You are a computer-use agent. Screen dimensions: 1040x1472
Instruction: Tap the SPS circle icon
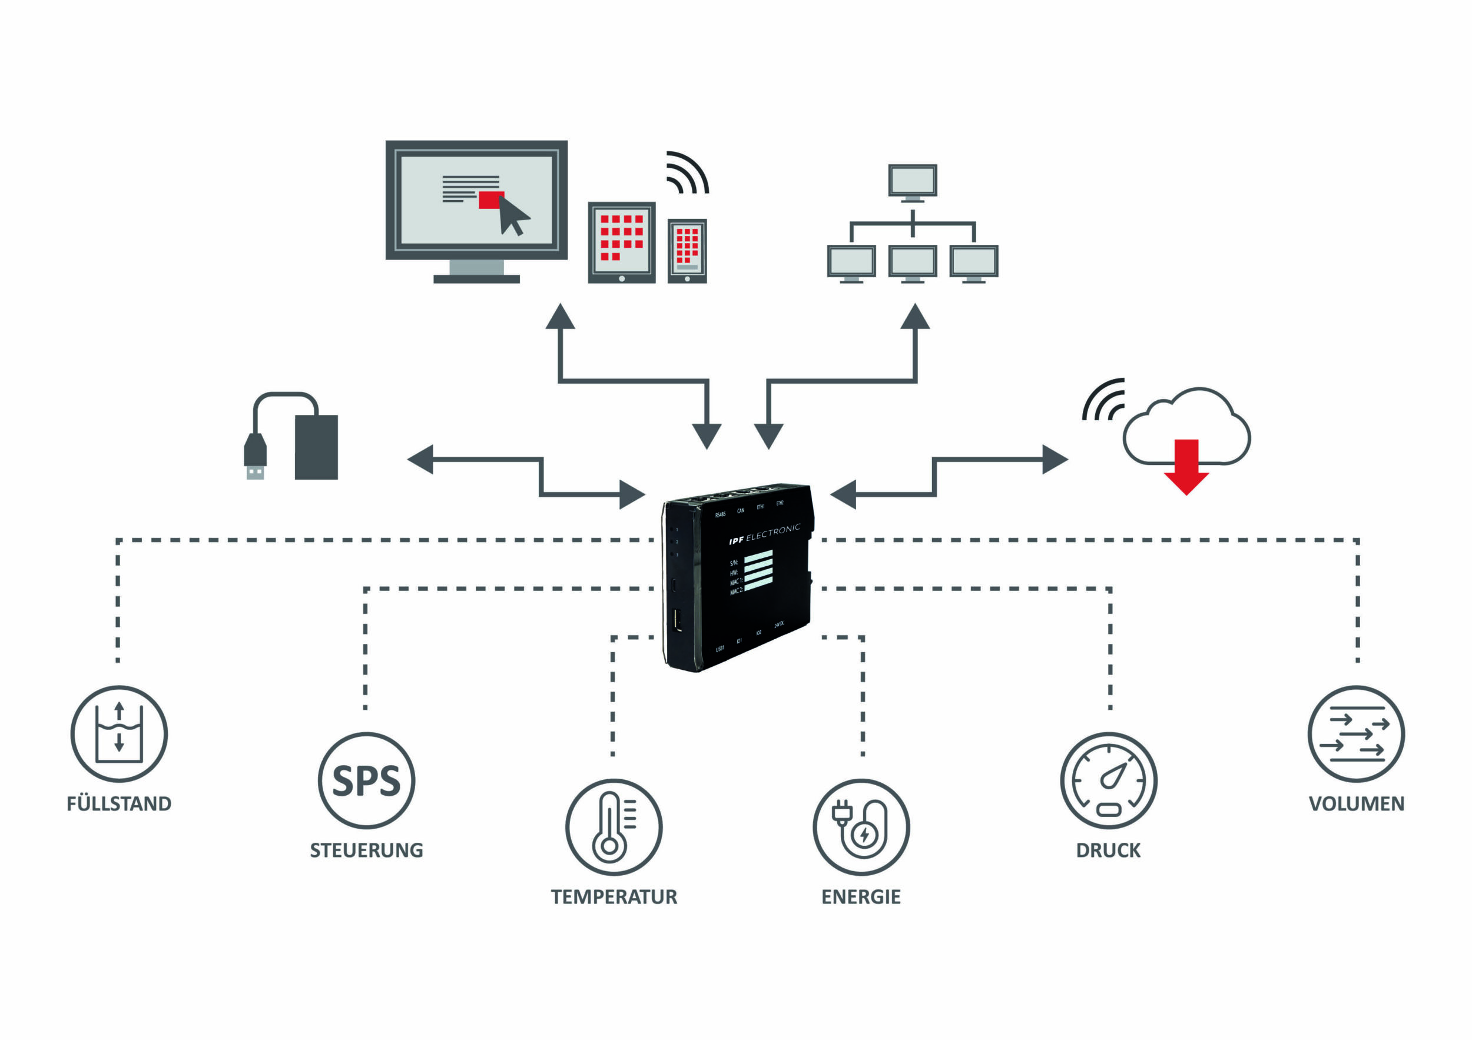(x=366, y=780)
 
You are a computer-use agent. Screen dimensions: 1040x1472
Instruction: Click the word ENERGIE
(x=861, y=896)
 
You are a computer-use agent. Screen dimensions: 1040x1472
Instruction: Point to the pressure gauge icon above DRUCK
(x=1109, y=780)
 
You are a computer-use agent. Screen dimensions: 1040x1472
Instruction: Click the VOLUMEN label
(x=1357, y=803)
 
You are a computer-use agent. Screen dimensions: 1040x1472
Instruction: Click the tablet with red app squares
(x=622, y=243)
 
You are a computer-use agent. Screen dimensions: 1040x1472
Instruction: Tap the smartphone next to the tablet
(x=687, y=251)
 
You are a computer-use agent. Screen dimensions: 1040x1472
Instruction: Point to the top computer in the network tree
(x=912, y=182)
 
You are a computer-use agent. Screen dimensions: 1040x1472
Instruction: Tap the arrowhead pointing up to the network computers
(x=915, y=317)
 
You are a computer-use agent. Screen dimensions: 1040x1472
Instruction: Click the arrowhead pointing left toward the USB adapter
(x=421, y=460)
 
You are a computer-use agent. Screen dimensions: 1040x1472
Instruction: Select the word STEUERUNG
(x=366, y=850)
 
